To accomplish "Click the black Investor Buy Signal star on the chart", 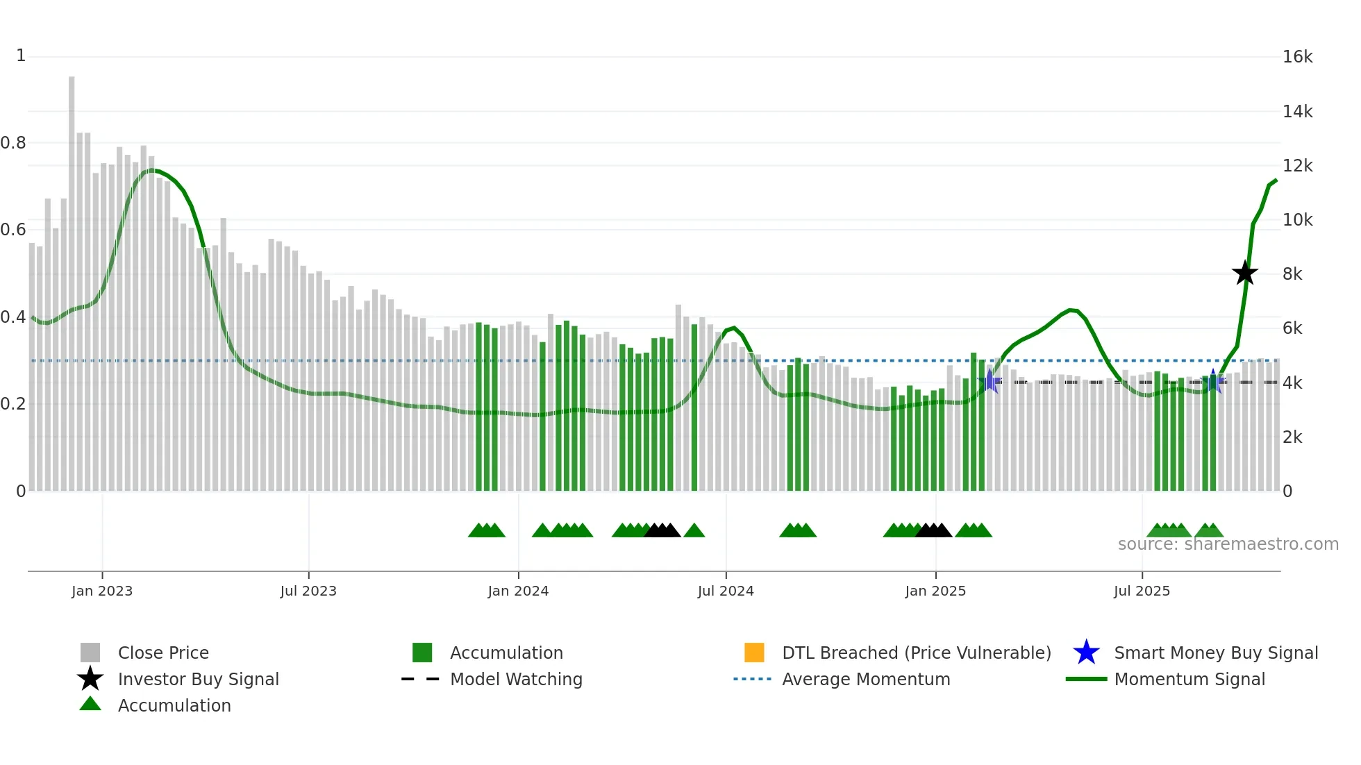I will [1244, 273].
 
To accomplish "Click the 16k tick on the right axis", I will [1297, 57].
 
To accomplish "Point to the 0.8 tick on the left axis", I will [13, 143].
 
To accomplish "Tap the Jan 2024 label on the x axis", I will [518, 591].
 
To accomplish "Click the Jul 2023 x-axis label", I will [308, 591].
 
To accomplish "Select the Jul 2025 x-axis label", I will [1142, 591].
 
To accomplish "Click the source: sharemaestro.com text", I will [1228, 544].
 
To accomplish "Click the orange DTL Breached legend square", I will [754, 653].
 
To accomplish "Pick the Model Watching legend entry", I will [515, 679].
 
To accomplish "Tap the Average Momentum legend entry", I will [865, 679].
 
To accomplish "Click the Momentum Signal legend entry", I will [1189, 679].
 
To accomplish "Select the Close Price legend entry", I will [162, 653].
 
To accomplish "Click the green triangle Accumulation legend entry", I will [174, 705].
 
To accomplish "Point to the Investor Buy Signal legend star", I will [90, 679].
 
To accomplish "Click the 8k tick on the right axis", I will [1292, 274].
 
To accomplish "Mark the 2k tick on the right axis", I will [1292, 437].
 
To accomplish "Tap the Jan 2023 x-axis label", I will [102, 591].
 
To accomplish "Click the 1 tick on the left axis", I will [21, 56].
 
